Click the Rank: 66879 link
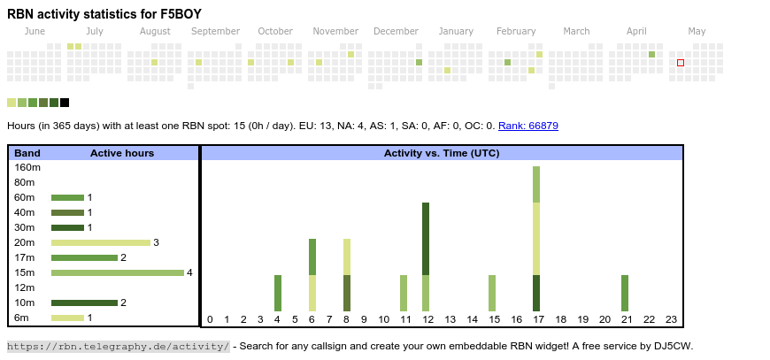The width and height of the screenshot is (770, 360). pos(527,126)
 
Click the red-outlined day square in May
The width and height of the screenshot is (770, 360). pos(681,63)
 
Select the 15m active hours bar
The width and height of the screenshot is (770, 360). pos(117,272)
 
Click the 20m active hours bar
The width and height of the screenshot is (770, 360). pos(101,242)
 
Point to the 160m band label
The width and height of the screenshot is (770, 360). pos(27,167)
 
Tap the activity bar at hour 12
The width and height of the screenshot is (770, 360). pos(426,257)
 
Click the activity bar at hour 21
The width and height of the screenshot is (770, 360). pos(625,293)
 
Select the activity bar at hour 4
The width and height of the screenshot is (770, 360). pos(278,293)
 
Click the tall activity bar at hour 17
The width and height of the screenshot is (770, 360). pos(536,239)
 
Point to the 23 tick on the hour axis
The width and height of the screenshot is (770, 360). pos(671,319)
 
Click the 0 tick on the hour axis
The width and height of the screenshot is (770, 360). pos(210,319)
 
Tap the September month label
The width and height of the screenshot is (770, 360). pos(215,31)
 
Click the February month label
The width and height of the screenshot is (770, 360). pos(516,31)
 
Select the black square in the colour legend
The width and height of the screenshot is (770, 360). pos(65,103)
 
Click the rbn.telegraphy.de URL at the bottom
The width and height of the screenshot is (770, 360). pos(118,346)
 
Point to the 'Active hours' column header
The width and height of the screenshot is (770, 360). pos(122,153)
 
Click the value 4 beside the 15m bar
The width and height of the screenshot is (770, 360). pos(189,272)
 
